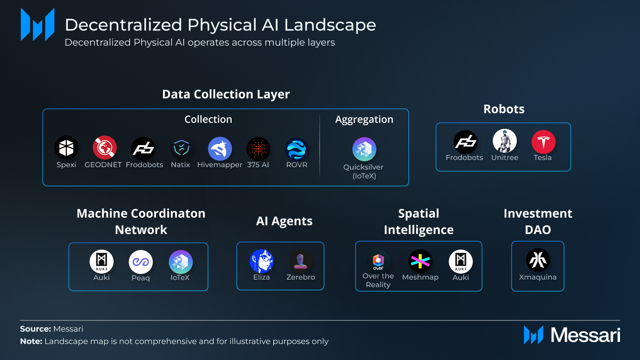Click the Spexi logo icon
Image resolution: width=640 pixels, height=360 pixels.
[x=66, y=148]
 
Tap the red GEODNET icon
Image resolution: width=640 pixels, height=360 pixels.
[x=104, y=148]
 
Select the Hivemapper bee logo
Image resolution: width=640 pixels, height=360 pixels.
[x=220, y=149]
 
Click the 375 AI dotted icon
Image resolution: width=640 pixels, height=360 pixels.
[x=258, y=149]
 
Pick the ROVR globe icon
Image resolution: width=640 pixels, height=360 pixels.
[x=296, y=149]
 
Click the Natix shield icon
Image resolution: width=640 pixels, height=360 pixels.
[x=182, y=148]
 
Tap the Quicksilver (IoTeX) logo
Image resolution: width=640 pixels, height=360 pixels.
[x=364, y=149]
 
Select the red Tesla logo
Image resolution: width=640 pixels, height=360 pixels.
[x=544, y=142]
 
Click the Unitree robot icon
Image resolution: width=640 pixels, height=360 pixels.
[x=504, y=141]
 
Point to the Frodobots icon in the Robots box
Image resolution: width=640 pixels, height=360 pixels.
[x=466, y=142]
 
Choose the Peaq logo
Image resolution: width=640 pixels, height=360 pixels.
[x=140, y=262]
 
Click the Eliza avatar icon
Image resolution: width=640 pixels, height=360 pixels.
[x=262, y=261]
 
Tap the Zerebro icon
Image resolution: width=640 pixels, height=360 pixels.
[x=300, y=261]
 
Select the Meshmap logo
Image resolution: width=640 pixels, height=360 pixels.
[x=420, y=261]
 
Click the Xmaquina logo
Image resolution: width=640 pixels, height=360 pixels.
[x=538, y=260]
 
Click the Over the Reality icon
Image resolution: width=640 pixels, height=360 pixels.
[x=378, y=260]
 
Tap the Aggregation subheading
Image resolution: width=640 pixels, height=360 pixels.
[x=364, y=120]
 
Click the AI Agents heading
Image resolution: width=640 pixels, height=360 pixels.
[x=284, y=221]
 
